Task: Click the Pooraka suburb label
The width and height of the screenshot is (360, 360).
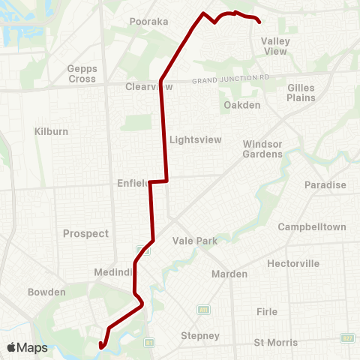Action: click(x=148, y=22)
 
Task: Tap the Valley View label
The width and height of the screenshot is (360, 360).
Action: click(x=274, y=46)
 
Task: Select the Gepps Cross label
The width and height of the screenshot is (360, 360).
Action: click(x=82, y=73)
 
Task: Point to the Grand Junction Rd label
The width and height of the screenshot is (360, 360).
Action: click(x=230, y=79)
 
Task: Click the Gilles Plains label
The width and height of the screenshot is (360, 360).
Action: click(x=301, y=92)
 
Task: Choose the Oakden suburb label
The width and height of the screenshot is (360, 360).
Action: click(x=241, y=105)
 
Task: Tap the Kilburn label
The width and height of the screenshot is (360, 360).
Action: click(x=51, y=131)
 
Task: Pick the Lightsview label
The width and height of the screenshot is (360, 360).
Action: click(x=193, y=139)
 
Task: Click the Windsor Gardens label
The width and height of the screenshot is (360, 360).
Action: click(x=262, y=148)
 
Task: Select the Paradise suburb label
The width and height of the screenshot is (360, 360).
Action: click(x=325, y=185)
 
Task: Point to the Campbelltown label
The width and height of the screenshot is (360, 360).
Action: click(x=312, y=226)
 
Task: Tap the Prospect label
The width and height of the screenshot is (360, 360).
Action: click(x=86, y=233)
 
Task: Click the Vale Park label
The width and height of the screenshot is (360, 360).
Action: click(x=195, y=241)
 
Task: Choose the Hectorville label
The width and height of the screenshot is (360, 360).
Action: click(x=293, y=263)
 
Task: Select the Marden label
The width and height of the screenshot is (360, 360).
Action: click(x=229, y=274)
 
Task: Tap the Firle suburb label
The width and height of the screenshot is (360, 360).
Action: click(x=266, y=311)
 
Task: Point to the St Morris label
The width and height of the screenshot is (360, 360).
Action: click(x=276, y=343)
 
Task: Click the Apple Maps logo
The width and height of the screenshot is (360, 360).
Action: click(x=27, y=347)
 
